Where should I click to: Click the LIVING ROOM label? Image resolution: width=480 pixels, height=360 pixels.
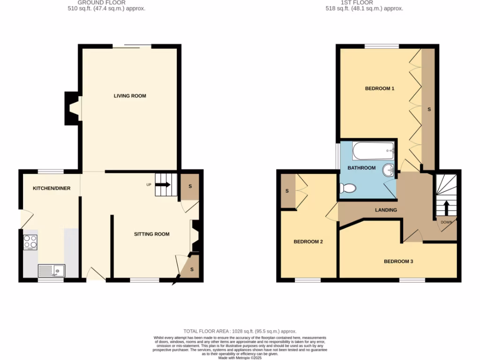[130, 96]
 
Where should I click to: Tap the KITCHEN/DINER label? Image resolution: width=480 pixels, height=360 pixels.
[51, 188]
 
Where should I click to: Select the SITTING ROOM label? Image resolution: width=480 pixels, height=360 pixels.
[151, 234]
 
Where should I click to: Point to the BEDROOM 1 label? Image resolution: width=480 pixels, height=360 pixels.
[379, 88]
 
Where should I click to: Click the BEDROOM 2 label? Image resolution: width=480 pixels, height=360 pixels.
[308, 242]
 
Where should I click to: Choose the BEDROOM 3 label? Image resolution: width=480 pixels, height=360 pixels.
[398, 261]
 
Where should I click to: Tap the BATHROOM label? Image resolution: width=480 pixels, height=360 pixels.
[361, 168]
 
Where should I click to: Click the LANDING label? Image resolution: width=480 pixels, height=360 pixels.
[386, 210]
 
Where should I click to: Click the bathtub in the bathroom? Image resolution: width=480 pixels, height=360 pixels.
[373, 151]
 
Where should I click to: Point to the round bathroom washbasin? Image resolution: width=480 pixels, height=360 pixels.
[389, 169]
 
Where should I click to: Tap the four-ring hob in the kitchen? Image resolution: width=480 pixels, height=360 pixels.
[30, 241]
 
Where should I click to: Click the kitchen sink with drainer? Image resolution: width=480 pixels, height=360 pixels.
[52, 270]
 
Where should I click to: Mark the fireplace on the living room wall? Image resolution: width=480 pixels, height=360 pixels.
[73, 108]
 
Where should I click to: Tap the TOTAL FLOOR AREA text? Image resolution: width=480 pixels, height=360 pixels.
[240, 331]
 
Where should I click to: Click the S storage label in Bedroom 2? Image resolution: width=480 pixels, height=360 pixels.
[287, 191]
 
